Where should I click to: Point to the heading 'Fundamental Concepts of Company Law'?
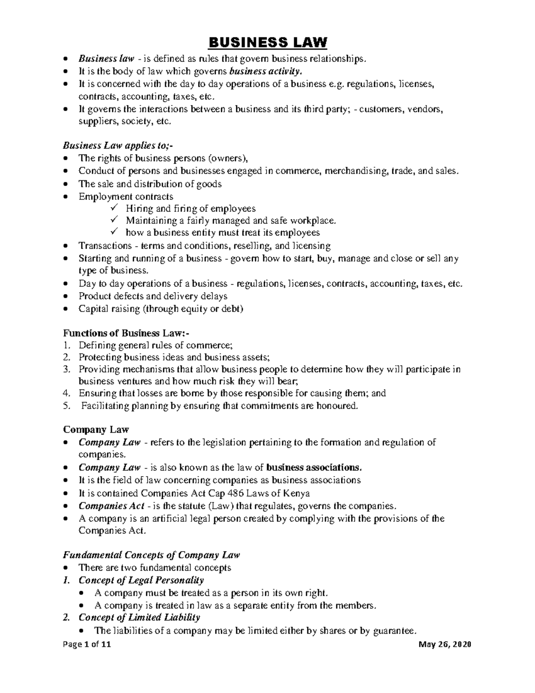pyautogui.click(x=151, y=555)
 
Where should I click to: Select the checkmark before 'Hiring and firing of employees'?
pyautogui.click(x=114, y=208)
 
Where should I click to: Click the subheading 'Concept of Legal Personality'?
pyautogui.click(x=141, y=580)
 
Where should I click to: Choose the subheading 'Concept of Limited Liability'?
pyautogui.click(x=139, y=618)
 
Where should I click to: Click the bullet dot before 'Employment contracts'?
pyautogui.click(x=66, y=197)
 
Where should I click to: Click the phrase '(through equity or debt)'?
pyautogui.click(x=193, y=308)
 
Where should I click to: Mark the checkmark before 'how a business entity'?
pyautogui.click(x=114, y=232)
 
